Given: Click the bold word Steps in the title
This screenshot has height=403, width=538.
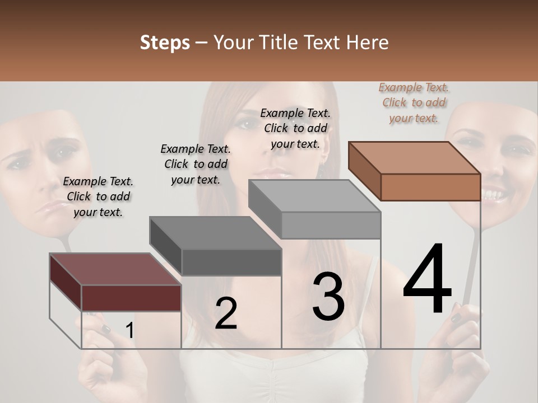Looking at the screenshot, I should pos(165,43).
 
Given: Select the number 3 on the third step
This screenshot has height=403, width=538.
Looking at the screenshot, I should pos(328,297).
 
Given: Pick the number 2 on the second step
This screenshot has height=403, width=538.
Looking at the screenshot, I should pos(226,313).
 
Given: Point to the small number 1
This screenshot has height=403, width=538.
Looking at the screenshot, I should pos(129,331).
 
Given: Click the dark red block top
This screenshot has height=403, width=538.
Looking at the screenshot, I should pos(112,269).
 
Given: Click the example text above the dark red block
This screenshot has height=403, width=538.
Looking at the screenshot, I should pos(98,196).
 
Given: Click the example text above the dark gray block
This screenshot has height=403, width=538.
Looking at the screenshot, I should pos(196,164).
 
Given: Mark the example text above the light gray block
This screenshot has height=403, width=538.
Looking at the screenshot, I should pos(295,128).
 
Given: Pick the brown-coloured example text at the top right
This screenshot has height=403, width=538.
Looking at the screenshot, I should pos(414,102).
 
